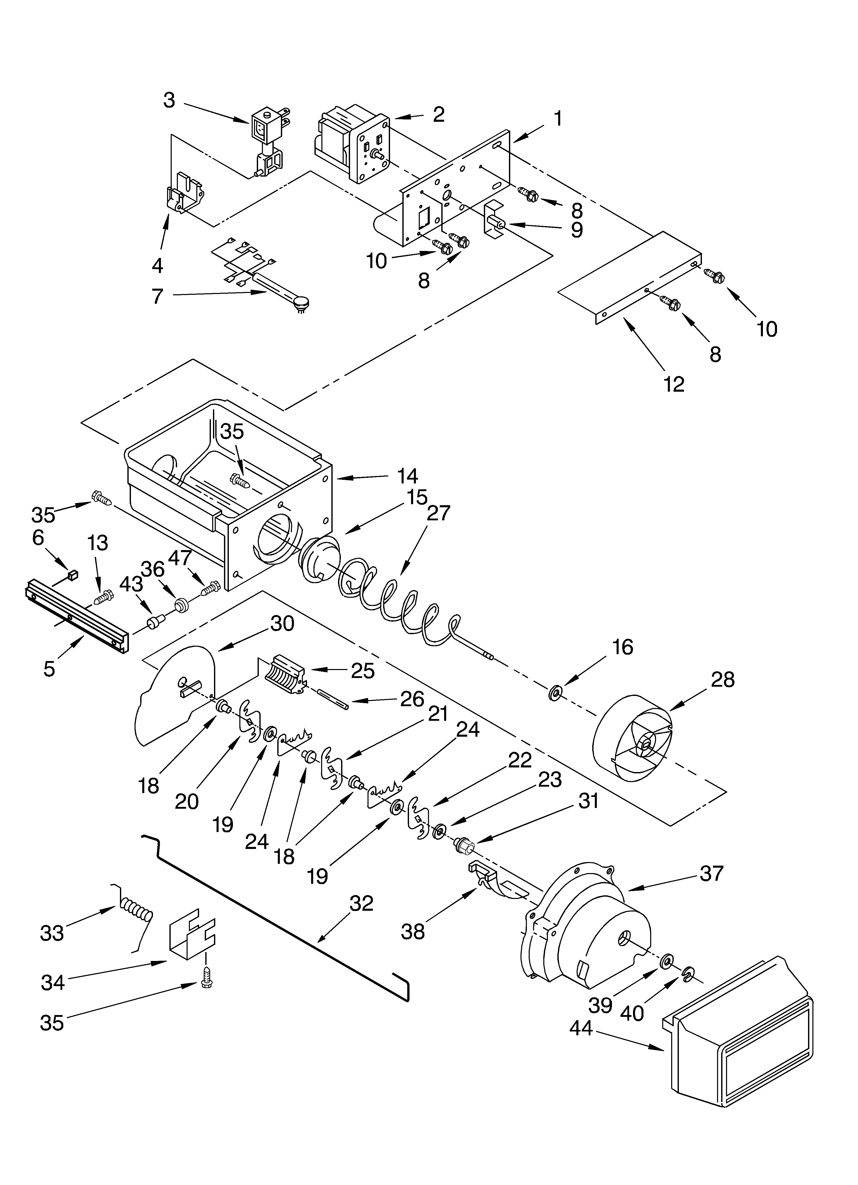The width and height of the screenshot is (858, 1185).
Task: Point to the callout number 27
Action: [x=438, y=513]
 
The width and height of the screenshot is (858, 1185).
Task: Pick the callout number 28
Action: [x=723, y=679]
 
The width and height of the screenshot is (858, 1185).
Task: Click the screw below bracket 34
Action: [x=206, y=983]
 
